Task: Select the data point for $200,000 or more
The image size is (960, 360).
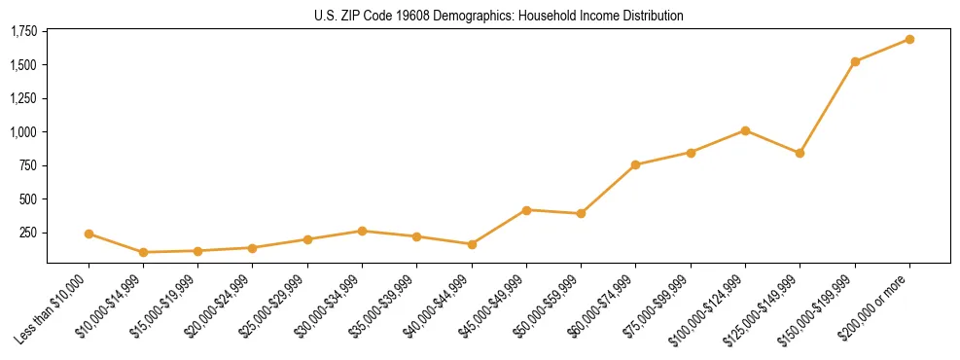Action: point(909,39)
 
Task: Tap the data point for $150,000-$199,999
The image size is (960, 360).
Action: point(855,61)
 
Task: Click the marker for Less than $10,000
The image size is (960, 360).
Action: point(89,234)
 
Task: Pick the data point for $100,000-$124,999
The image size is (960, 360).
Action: point(745,130)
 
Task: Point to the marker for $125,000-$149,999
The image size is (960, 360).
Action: point(800,153)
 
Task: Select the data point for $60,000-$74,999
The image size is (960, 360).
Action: point(636,164)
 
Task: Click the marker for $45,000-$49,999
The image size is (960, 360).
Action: point(526,210)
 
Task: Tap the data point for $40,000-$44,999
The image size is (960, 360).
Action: point(472,244)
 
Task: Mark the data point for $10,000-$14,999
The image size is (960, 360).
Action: point(144,252)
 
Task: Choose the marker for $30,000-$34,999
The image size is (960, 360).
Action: point(362,231)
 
